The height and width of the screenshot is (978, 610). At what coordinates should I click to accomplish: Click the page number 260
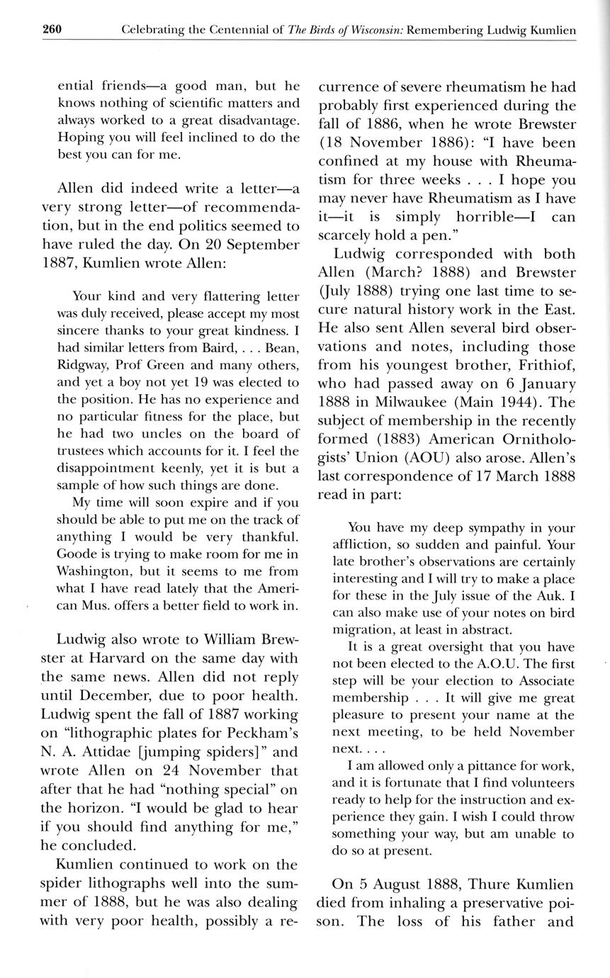tap(52, 30)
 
